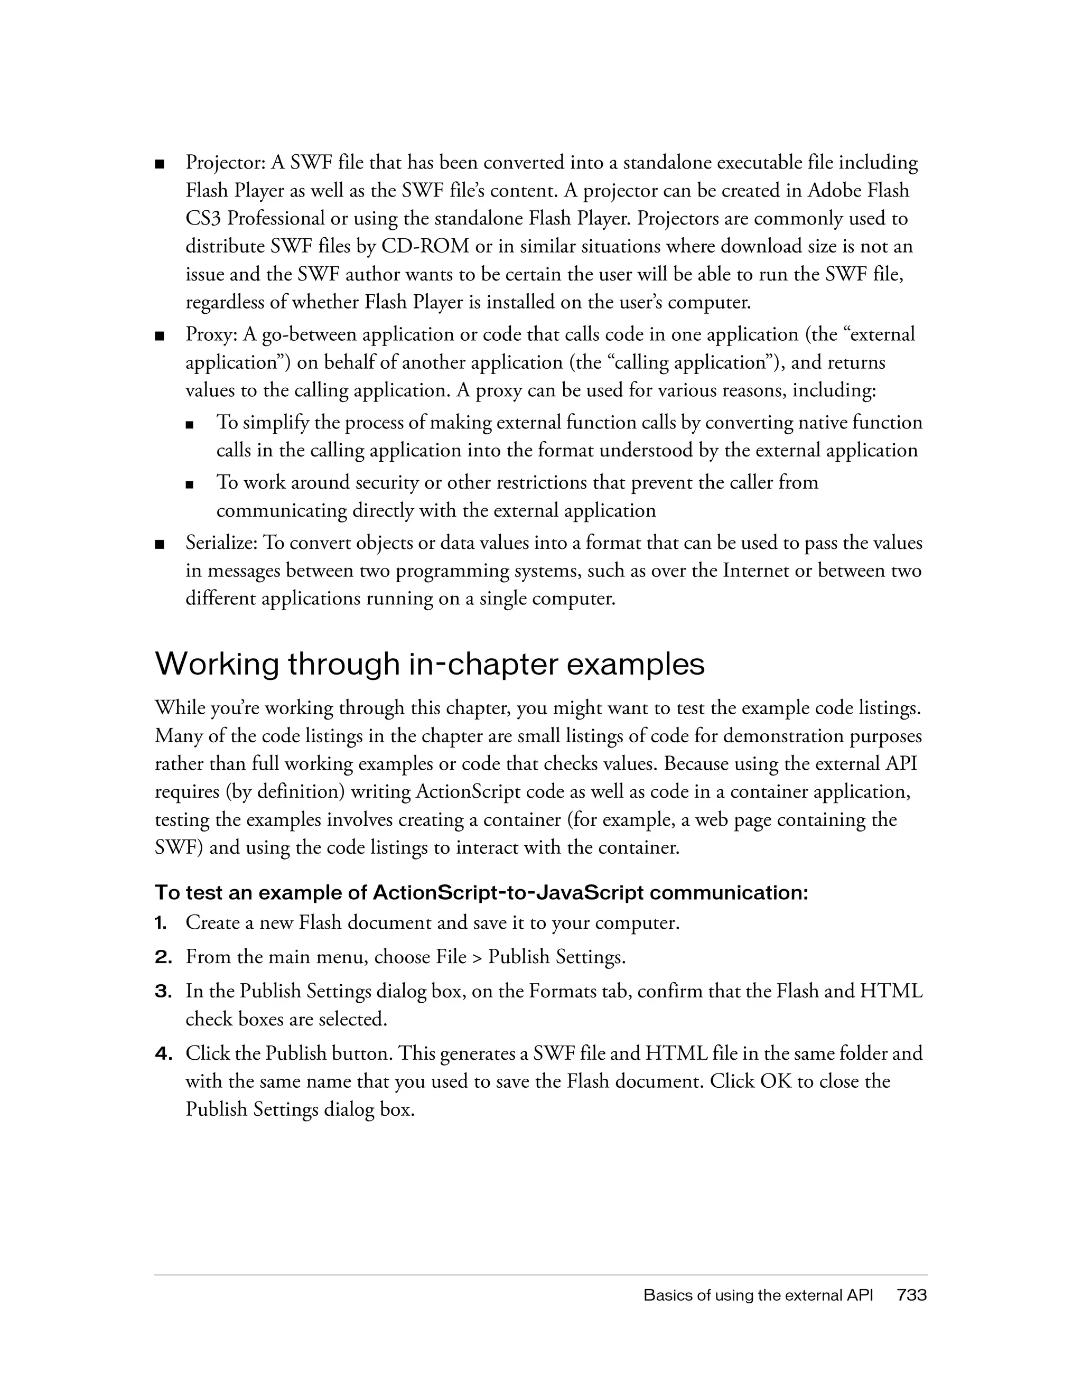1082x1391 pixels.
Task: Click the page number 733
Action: point(911,1295)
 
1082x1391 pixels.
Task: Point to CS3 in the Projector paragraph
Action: point(202,219)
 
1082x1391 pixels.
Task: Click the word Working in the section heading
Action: point(217,664)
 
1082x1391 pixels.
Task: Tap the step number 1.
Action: point(161,923)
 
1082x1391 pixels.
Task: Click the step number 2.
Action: point(162,957)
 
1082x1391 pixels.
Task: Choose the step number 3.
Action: point(162,992)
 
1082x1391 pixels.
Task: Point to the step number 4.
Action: point(162,1054)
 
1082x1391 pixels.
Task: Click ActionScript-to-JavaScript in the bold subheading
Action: point(508,893)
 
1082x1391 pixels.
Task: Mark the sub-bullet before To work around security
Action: point(189,484)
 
